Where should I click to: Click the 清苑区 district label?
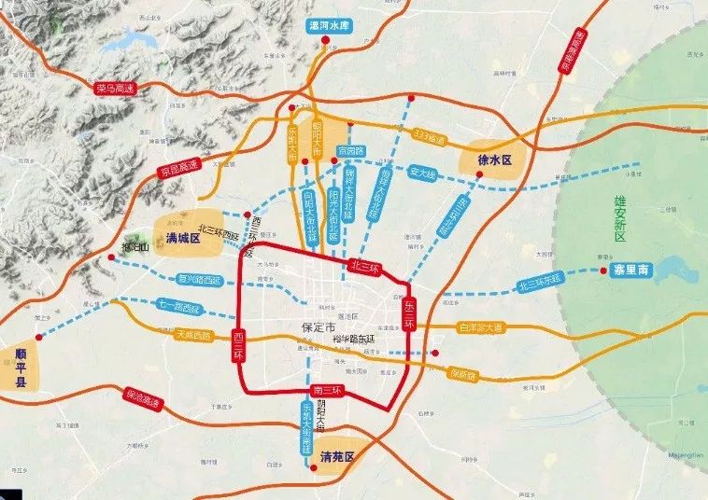(336, 457)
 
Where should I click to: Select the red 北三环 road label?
(364, 268)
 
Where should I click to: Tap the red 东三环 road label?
(408, 313)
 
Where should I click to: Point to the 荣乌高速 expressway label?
(115, 89)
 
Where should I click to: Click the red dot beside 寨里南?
(599, 271)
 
